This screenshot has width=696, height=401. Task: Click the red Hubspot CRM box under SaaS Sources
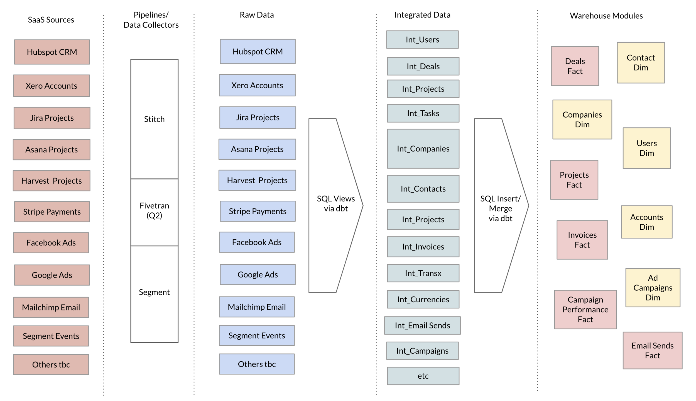52,52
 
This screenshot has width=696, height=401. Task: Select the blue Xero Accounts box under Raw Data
257,85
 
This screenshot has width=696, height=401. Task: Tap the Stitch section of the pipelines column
155,119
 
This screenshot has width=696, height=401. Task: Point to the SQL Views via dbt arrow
336,206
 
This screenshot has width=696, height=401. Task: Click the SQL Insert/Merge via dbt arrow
501,206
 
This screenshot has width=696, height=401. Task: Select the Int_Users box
422,40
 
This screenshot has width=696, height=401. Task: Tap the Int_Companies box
423,149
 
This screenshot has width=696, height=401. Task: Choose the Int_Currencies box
423,299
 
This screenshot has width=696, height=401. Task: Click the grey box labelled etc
423,376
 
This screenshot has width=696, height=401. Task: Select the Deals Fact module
575,66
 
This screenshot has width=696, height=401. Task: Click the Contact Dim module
641,63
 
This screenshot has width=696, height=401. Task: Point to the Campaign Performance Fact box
585,310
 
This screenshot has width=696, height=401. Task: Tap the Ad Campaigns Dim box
653,288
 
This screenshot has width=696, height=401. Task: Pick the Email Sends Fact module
653,351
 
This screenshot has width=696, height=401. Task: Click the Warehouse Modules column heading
606,16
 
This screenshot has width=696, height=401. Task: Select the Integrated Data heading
422,15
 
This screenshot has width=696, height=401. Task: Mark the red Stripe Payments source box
52,212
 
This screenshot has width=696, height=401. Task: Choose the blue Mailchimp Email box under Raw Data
257,307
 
